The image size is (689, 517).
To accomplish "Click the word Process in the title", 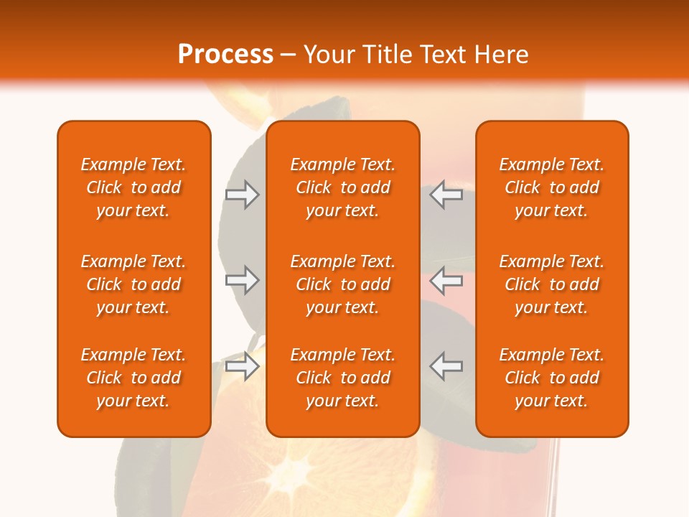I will pos(225,55).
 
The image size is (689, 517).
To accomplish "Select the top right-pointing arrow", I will pos(243,194).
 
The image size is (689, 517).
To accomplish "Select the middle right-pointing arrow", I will pos(243,280).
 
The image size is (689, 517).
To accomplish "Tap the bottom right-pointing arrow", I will pos(243,366).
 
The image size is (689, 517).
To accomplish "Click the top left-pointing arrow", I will pos(446,194).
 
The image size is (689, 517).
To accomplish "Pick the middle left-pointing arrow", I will pos(446,280).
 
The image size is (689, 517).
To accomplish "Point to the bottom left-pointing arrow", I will pos(446,366).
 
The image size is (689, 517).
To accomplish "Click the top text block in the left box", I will pos(133,187).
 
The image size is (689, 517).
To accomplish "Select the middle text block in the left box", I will pos(133,284).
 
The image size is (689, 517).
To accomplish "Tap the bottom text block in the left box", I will pos(133,378).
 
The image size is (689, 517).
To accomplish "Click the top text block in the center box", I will pos(342,187).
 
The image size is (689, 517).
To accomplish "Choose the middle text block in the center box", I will pos(342,284).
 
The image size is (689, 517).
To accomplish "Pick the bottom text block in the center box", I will pos(342,378).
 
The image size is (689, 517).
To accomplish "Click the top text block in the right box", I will pos(552,187).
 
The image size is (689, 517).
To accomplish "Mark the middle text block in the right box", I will pos(552,284).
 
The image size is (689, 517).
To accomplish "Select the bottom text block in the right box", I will pos(552,378).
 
